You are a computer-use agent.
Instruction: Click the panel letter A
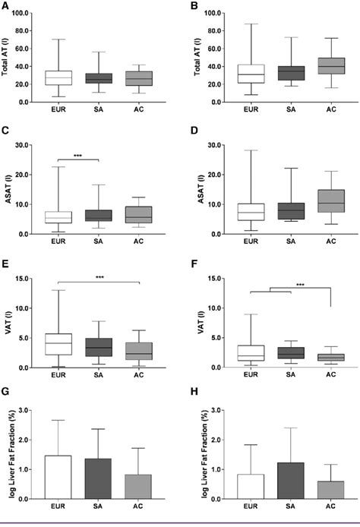coord(5,6)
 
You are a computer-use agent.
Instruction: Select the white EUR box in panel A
coord(58,77)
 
